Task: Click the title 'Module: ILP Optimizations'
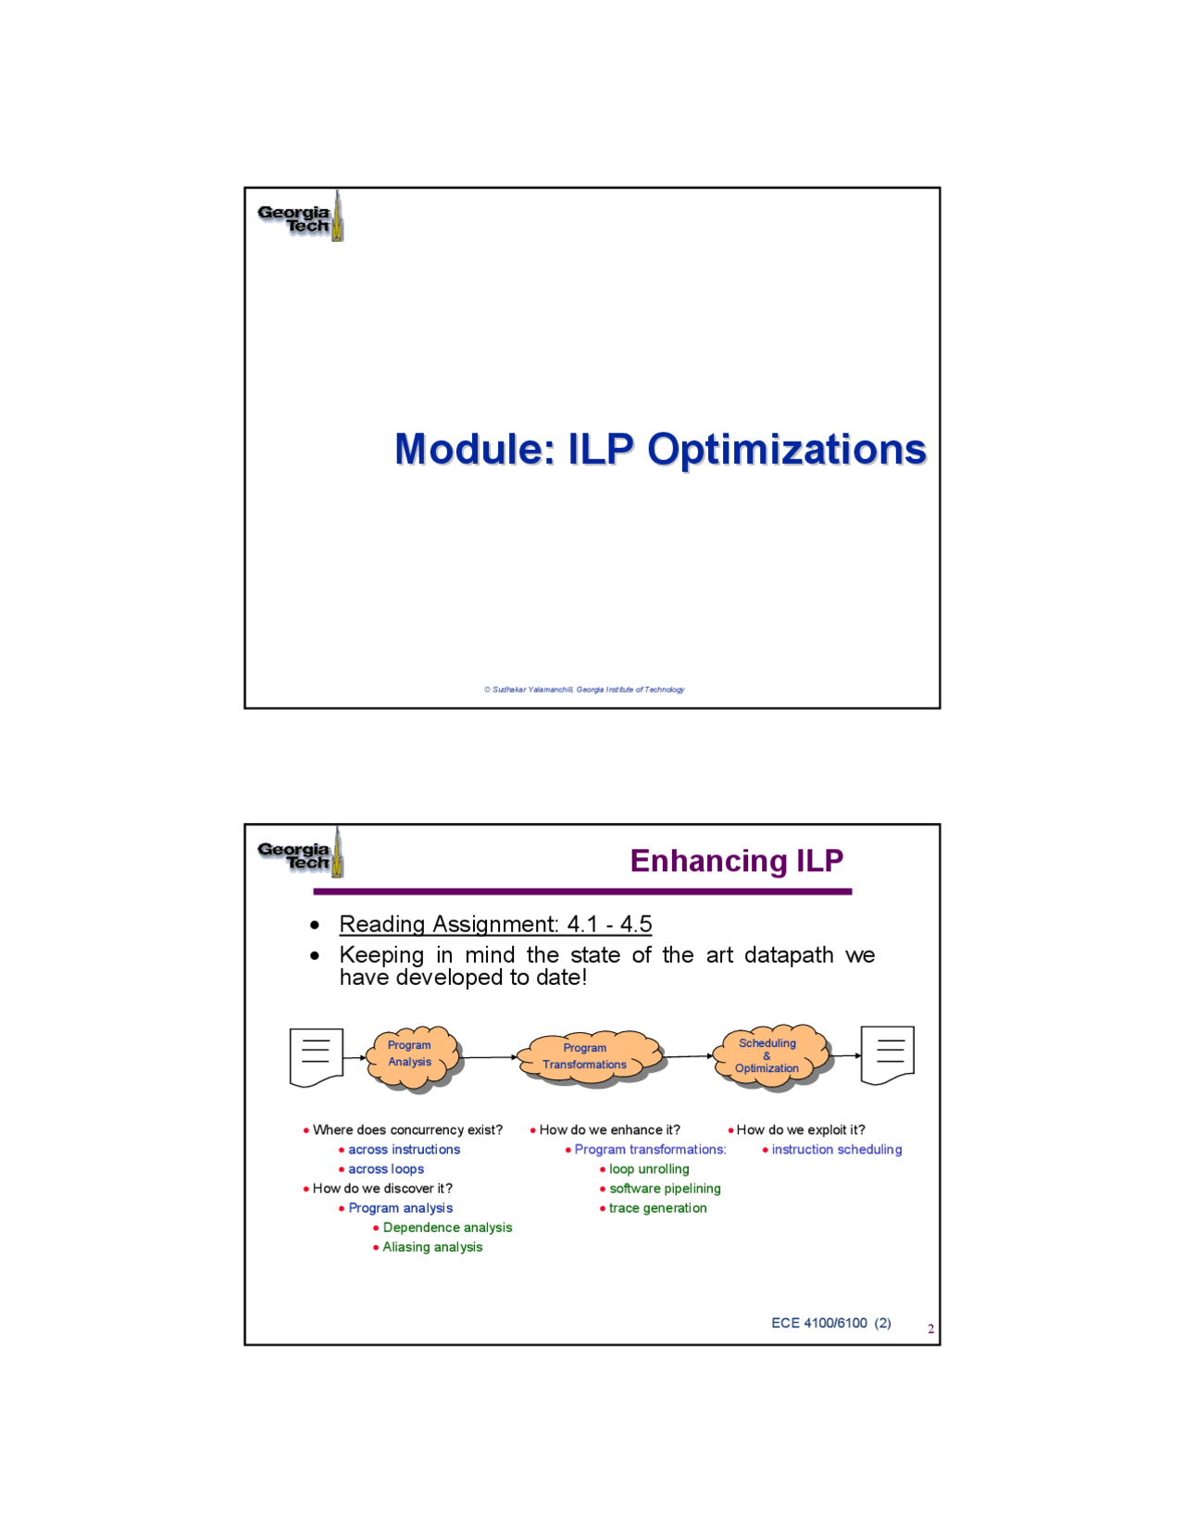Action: pos(660,449)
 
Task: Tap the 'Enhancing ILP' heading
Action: pos(736,861)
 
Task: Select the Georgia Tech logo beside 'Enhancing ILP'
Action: pos(301,854)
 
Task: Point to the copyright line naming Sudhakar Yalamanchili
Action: pos(584,690)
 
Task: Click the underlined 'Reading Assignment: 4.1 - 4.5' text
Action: pos(495,924)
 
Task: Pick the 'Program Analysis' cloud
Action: pos(413,1058)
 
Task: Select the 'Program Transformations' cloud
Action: pos(591,1059)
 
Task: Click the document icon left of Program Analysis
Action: pos(317,1057)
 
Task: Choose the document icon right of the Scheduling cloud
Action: pos(887,1055)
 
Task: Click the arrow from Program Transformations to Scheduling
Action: pos(689,1056)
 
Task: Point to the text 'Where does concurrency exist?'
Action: pos(407,1129)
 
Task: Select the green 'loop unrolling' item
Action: pos(649,1169)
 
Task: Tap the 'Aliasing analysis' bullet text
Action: pos(432,1247)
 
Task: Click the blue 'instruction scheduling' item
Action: pos(837,1149)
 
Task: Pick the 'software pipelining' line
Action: pos(665,1189)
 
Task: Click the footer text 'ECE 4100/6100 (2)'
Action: pos(831,1323)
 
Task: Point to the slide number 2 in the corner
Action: pos(931,1329)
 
